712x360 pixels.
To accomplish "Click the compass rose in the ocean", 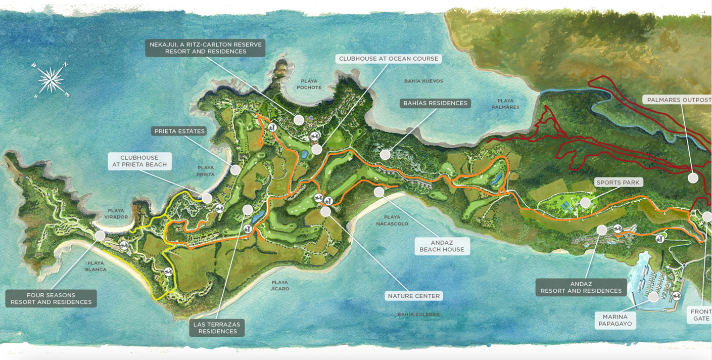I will click(x=51, y=80).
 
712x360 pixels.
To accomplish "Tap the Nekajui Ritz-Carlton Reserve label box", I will click(x=205, y=48).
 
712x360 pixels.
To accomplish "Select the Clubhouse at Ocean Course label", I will click(x=388, y=59).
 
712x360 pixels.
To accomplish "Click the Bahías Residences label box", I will click(x=435, y=103).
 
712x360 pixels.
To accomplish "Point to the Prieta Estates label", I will click(x=179, y=131).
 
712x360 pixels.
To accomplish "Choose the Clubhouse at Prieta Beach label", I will click(x=139, y=161).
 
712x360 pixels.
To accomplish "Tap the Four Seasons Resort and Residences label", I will click(x=51, y=298).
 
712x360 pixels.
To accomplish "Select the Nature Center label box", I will click(x=413, y=296).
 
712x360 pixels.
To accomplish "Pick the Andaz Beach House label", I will click(x=441, y=246).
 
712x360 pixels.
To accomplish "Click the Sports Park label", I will click(x=618, y=183).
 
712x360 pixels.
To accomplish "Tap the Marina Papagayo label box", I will click(x=615, y=320).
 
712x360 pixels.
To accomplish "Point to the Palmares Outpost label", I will click(x=679, y=100).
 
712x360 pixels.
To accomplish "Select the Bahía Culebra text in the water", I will click(x=418, y=314).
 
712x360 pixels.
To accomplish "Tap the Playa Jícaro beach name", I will click(x=279, y=286).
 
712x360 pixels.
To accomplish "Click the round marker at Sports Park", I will click(x=585, y=203).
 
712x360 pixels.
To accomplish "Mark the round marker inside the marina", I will click(x=654, y=296).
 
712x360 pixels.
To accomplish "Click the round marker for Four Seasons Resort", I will click(x=100, y=236).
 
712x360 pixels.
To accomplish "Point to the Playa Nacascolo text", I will click(x=393, y=220).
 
